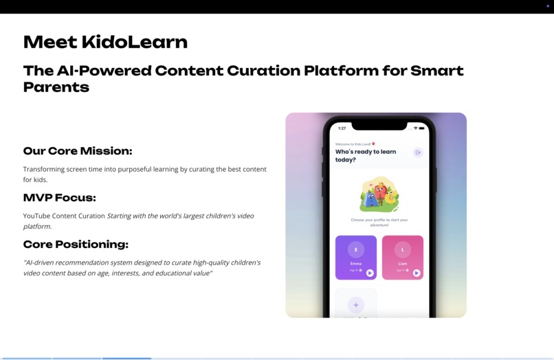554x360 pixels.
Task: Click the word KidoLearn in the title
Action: (x=134, y=42)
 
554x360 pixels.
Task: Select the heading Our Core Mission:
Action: (x=78, y=151)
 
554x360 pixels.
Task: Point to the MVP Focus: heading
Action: (x=60, y=198)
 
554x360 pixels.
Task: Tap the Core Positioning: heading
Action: (x=76, y=245)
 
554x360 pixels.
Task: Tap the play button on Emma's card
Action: (x=370, y=273)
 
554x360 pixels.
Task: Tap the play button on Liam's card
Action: (x=417, y=273)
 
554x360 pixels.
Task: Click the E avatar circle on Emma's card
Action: (x=356, y=249)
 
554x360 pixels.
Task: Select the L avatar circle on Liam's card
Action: (x=403, y=249)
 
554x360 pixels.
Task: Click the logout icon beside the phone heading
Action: (x=417, y=153)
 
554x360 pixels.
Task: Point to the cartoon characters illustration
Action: (x=379, y=194)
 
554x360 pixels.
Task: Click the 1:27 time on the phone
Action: (x=342, y=128)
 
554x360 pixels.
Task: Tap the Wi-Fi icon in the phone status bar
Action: (x=416, y=128)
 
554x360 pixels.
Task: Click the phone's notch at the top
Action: (x=379, y=126)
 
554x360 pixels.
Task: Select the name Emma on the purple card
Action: (x=356, y=263)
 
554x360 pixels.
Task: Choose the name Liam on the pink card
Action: (x=403, y=263)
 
